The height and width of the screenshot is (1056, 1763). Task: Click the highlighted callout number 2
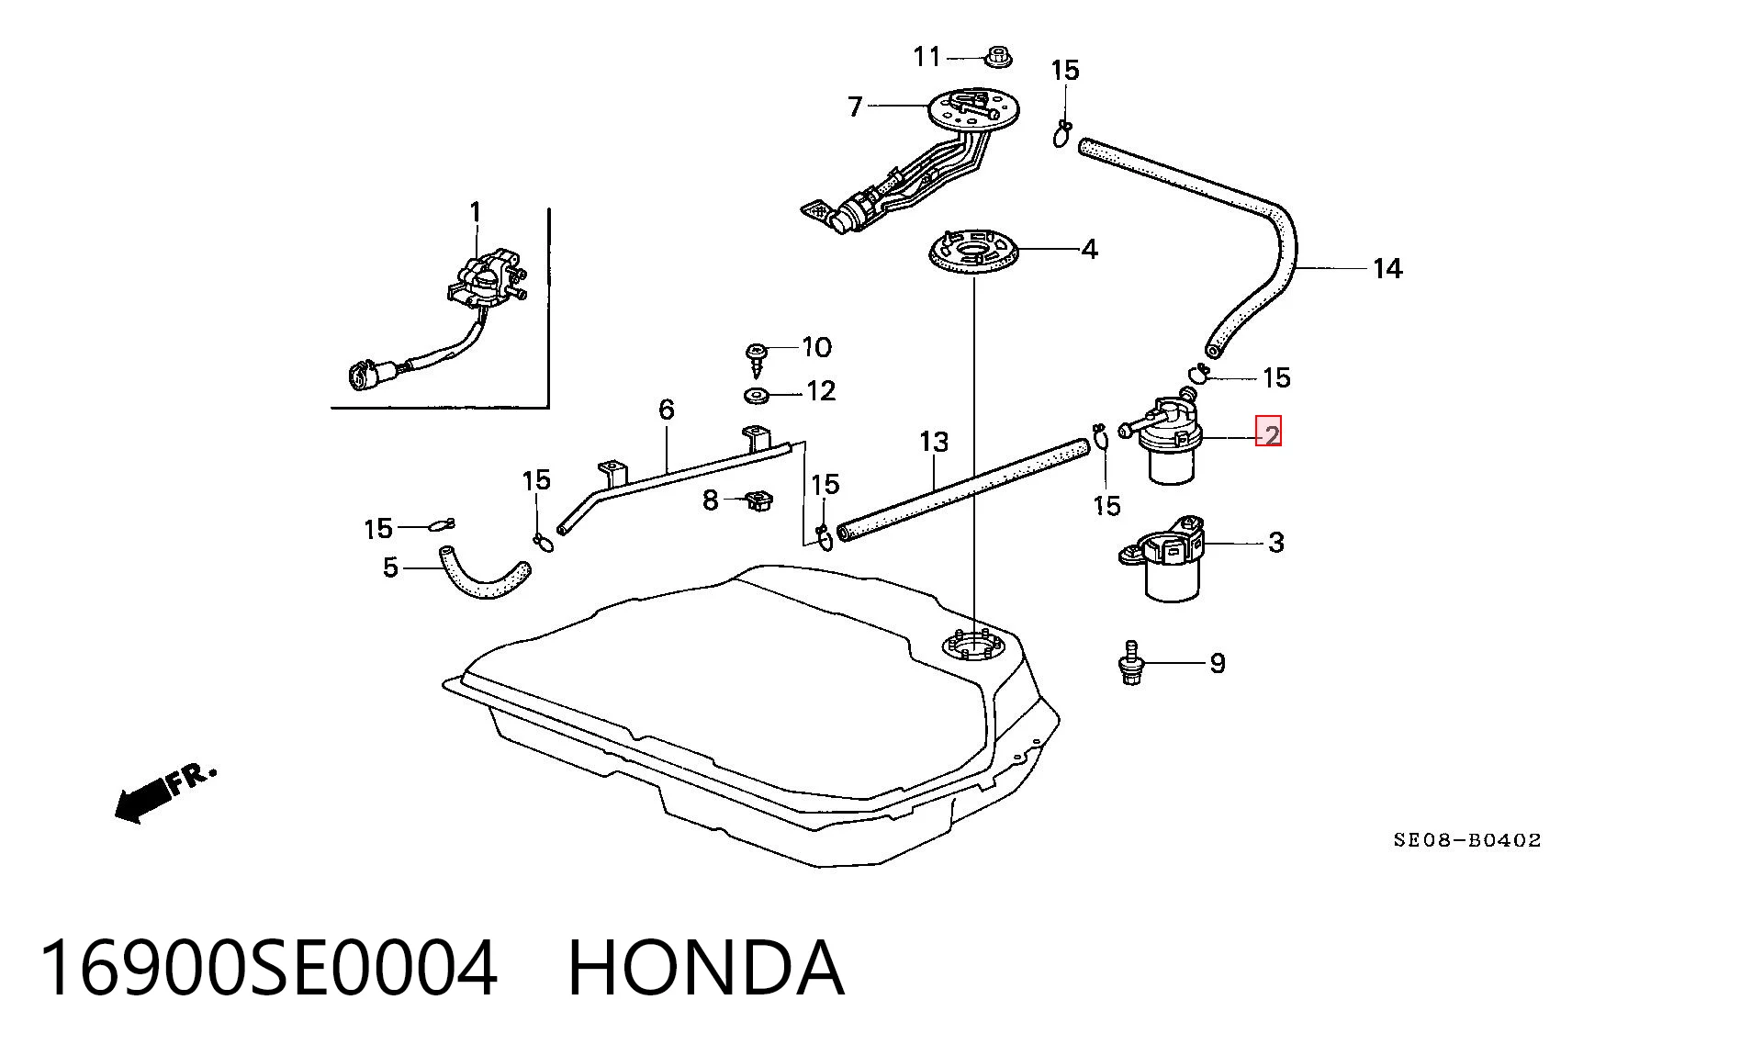pos(1269,432)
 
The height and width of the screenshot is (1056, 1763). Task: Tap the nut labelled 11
pos(997,56)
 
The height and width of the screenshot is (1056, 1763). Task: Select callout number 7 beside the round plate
pos(855,107)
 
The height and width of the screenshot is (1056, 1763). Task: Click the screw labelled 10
pos(758,359)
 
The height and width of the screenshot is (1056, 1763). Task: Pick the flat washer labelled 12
pos(758,396)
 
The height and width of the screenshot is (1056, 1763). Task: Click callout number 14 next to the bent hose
pos(1387,268)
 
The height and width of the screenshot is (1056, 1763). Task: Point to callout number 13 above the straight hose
pos(933,442)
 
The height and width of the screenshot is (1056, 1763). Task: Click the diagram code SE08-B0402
pos(1467,839)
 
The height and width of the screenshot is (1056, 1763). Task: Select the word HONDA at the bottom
pos(705,968)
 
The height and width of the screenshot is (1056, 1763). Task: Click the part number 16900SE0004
pos(268,968)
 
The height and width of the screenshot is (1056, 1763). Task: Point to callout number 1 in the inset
pos(475,213)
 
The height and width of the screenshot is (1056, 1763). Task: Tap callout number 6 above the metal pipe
pos(667,410)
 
